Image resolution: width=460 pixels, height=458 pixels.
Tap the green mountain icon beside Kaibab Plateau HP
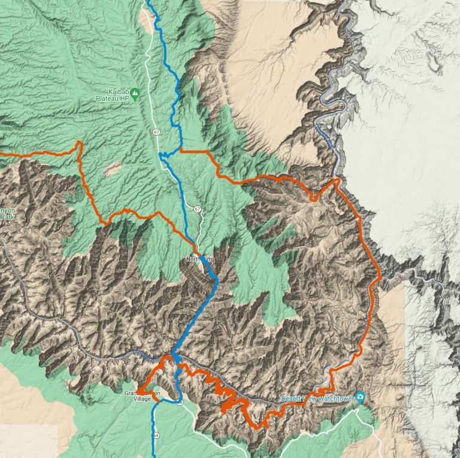click(x=136, y=93)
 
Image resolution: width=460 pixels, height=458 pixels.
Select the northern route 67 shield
click(x=156, y=131)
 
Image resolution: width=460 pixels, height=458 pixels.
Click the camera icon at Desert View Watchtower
click(x=359, y=397)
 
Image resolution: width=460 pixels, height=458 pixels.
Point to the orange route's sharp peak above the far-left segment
click(x=79, y=143)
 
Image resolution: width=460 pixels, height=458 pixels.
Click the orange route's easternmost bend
click(x=380, y=278)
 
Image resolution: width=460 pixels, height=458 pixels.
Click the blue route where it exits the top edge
click(x=149, y=2)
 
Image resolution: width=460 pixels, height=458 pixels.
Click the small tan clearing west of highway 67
click(x=111, y=171)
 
